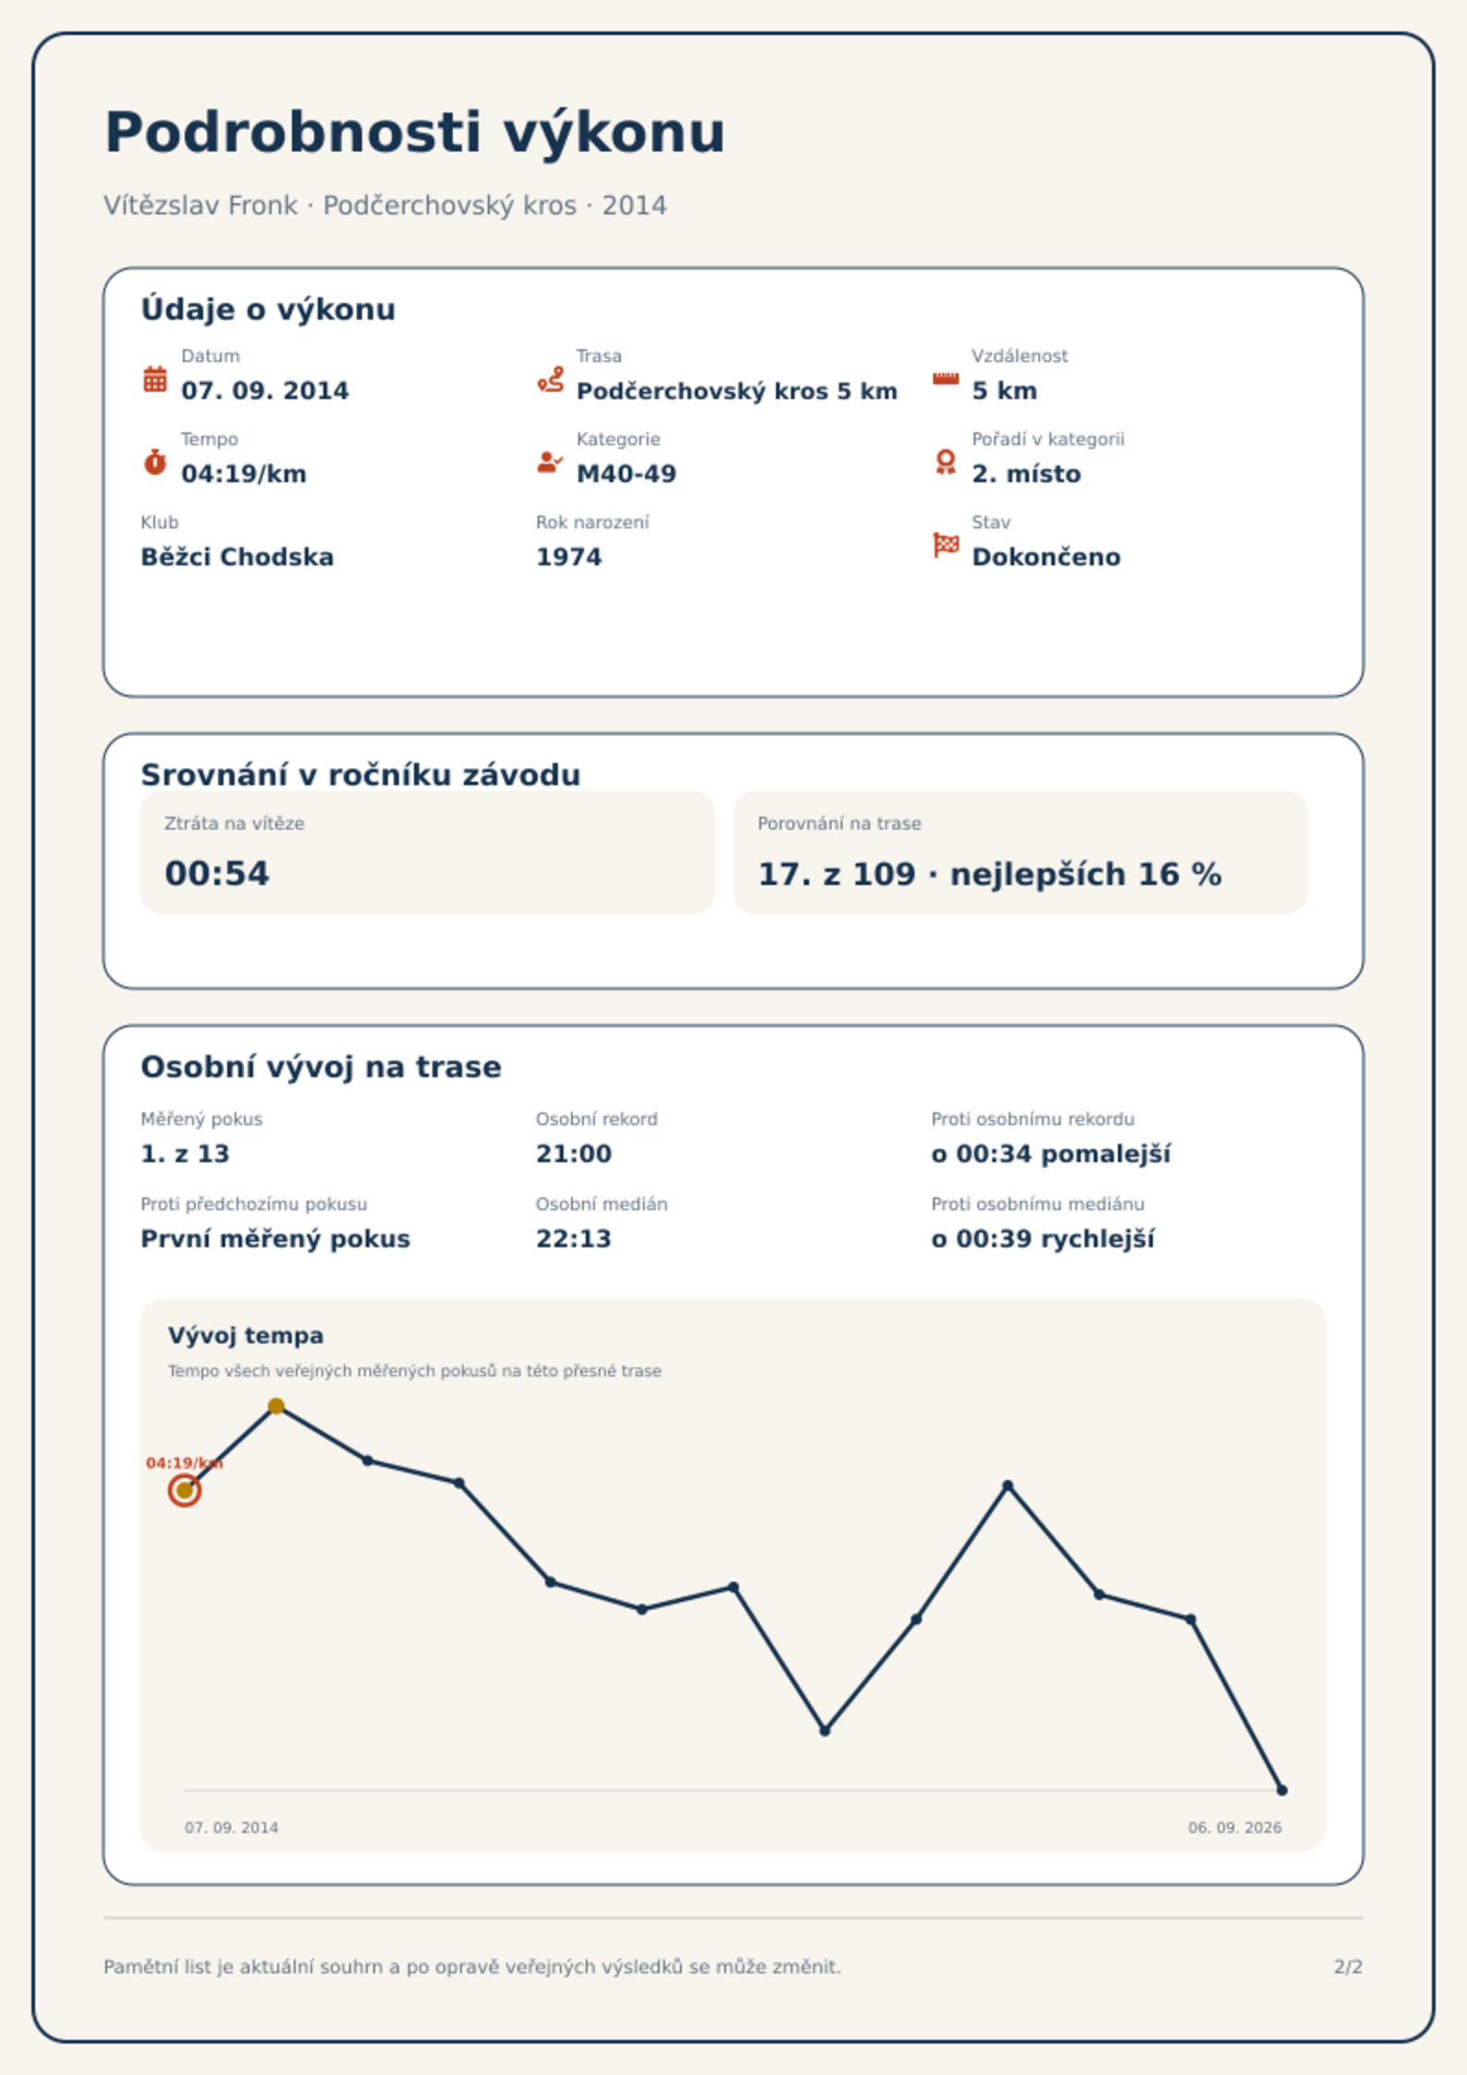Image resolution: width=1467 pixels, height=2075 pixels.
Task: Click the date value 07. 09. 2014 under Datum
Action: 265,391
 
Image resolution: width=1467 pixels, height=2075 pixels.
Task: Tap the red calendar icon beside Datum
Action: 155,379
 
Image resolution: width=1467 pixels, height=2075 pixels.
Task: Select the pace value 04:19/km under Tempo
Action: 244,474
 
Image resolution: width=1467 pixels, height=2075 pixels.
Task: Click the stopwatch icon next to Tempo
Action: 155,462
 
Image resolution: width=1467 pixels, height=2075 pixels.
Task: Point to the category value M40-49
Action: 626,474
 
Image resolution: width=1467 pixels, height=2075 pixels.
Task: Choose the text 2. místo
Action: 1026,474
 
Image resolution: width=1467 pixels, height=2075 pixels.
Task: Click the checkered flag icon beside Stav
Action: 946,545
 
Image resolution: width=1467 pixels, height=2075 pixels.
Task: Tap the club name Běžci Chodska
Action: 237,557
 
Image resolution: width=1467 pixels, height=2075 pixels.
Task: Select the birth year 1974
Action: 569,557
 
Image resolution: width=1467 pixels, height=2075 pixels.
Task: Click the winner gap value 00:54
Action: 217,874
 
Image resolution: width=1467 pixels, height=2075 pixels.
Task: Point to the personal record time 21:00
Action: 574,1154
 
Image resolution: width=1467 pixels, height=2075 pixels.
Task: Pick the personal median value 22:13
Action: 574,1239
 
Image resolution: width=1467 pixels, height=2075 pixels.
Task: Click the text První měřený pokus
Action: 275,1239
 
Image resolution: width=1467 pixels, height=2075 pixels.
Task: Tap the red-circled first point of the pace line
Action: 185,1490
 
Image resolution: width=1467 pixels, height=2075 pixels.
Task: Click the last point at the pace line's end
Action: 1282,1790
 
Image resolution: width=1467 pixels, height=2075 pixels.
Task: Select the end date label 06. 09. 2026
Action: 1235,1827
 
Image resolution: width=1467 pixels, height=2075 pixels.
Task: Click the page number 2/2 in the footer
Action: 1349,1967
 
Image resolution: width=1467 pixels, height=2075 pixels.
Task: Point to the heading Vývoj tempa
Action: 246,1336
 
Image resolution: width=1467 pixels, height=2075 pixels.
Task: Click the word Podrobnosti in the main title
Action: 294,132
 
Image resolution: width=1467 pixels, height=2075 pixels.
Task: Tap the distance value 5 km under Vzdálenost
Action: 1004,391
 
